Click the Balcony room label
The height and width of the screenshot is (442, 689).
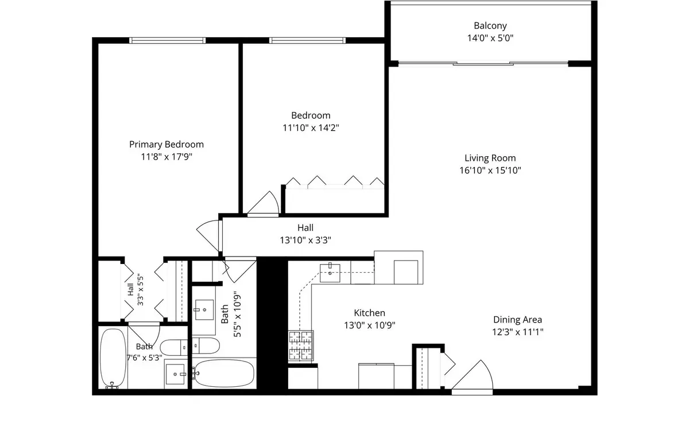tap(490, 25)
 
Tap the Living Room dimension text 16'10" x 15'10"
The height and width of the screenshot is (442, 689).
tap(490, 170)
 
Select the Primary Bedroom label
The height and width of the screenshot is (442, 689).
tap(167, 145)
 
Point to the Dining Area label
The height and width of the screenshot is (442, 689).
tap(517, 320)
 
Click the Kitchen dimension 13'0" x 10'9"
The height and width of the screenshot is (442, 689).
tap(369, 325)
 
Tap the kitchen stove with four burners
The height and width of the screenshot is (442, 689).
tap(301, 345)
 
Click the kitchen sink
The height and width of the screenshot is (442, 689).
tap(330, 273)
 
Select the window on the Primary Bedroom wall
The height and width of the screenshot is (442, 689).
tap(167, 40)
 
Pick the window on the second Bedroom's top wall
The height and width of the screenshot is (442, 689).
tap(307, 40)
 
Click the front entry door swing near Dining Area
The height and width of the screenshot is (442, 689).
tap(472, 377)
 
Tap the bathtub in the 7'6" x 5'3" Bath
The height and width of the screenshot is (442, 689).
tap(113, 358)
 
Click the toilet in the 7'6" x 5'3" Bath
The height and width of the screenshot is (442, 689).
tap(174, 347)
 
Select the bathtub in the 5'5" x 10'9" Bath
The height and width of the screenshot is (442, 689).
tap(224, 374)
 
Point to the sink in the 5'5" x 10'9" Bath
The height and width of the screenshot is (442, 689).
tap(204, 310)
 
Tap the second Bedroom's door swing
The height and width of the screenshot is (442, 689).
tap(263, 204)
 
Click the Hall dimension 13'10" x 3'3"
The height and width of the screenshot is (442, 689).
tap(305, 240)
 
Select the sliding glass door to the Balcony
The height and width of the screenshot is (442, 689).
tap(483, 64)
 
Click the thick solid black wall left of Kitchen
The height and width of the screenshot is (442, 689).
tap(272, 324)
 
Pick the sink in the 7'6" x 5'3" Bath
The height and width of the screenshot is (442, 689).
tap(175, 374)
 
